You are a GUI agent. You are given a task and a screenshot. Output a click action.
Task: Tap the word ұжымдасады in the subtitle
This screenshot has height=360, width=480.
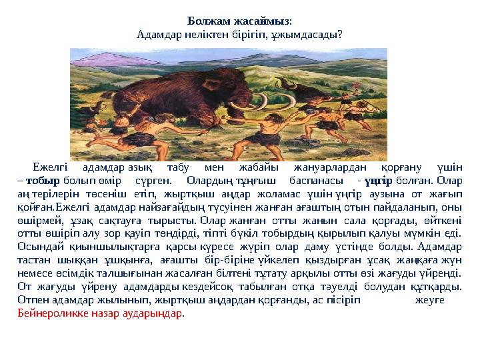[312, 32]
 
